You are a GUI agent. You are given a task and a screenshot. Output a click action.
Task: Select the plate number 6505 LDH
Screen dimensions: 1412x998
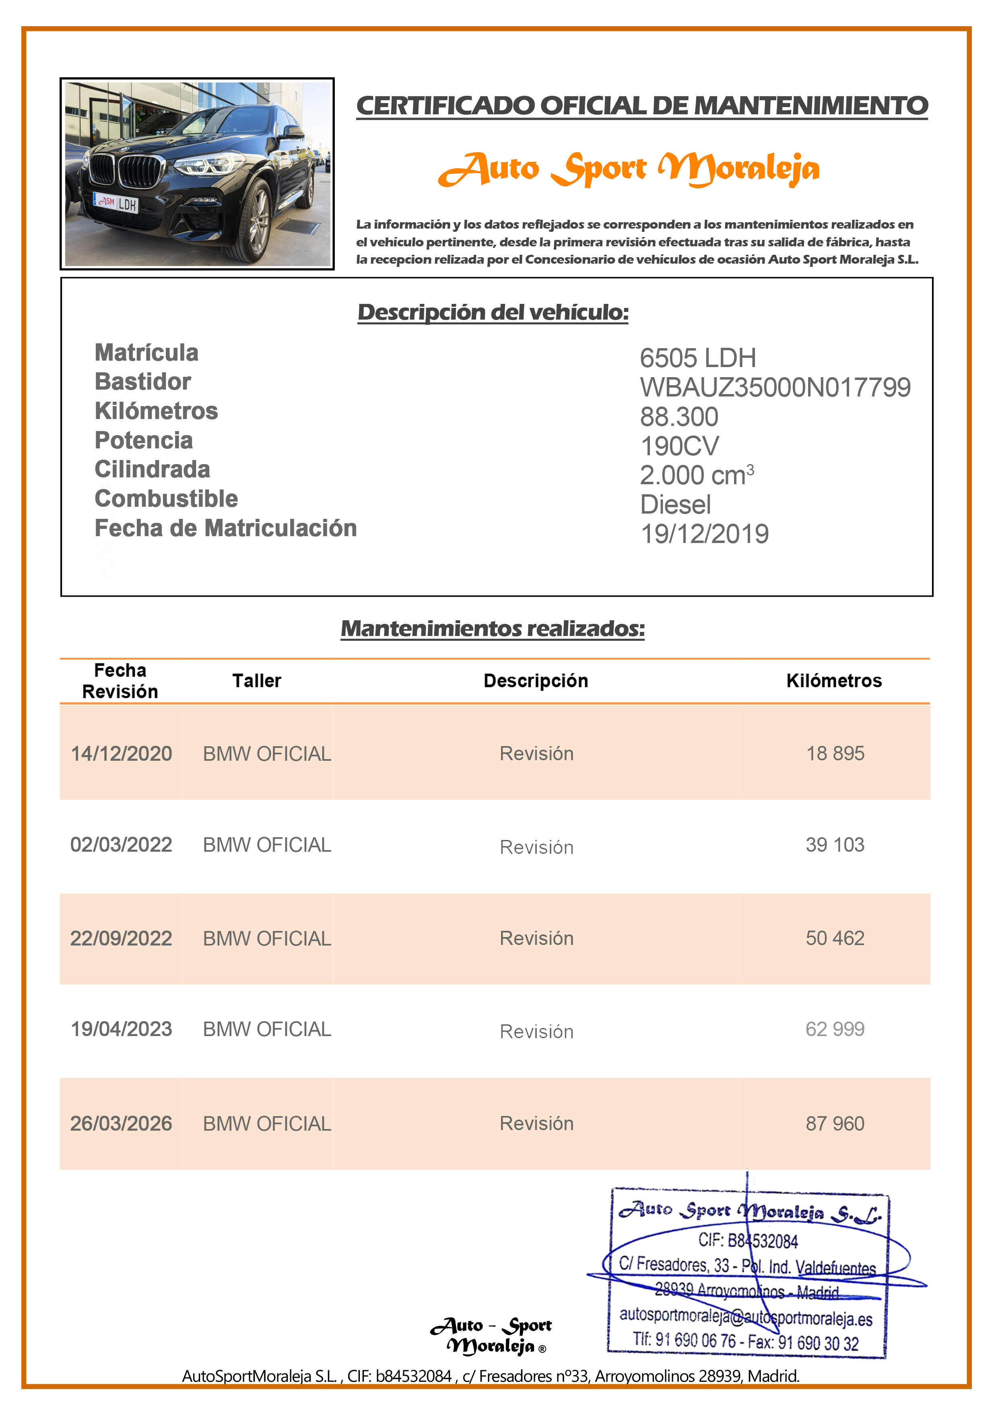(x=697, y=358)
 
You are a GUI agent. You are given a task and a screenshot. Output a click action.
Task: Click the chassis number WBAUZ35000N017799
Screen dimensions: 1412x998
(x=775, y=388)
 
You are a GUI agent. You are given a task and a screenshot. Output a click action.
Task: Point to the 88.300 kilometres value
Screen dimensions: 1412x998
(x=679, y=417)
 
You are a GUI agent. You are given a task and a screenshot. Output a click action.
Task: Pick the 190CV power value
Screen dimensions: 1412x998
(x=679, y=446)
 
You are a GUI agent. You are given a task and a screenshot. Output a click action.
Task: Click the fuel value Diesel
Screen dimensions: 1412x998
(x=675, y=505)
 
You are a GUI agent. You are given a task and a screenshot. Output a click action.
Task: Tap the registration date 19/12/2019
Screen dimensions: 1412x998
(x=704, y=534)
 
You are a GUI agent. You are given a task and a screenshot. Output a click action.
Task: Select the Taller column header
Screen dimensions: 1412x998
(x=256, y=681)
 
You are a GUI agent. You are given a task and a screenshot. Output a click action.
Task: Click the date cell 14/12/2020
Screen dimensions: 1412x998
(x=121, y=753)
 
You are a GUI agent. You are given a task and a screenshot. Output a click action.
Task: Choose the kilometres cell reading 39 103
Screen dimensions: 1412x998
(x=835, y=844)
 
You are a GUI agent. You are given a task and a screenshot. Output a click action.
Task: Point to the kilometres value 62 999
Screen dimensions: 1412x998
(x=835, y=1029)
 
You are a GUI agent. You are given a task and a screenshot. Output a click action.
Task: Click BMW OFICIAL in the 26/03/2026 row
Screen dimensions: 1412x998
(x=267, y=1123)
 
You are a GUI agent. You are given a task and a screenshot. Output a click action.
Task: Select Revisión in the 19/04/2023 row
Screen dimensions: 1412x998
(x=536, y=1031)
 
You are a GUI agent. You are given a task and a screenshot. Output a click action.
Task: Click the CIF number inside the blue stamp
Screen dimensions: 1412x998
(x=748, y=1241)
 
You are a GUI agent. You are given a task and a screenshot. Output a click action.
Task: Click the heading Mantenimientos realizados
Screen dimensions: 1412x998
(x=493, y=628)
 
